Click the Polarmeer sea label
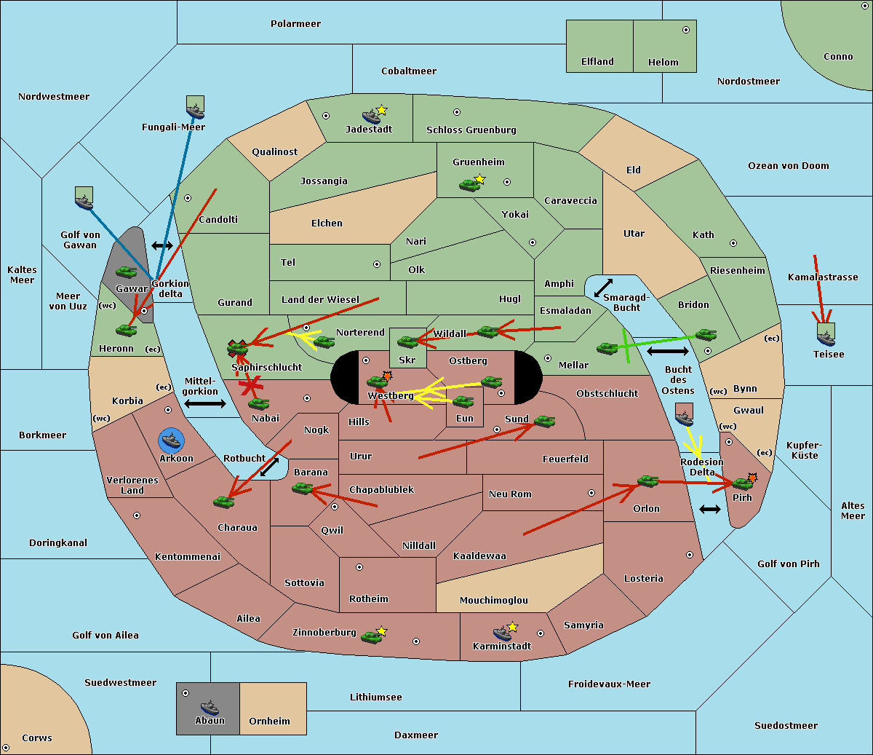click(295, 24)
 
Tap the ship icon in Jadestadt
click(372, 116)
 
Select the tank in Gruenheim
click(469, 185)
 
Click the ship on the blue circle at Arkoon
click(171, 440)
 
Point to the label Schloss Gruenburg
click(471, 130)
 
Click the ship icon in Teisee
click(826, 337)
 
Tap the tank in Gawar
click(127, 272)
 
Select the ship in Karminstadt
click(502, 633)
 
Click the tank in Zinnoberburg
click(372, 637)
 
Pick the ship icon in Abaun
click(210, 707)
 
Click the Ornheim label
click(269, 722)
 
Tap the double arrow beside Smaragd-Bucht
click(603, 288)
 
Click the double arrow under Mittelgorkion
click(205, 403)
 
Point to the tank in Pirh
click(742, 483)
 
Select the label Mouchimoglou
click(493, 601)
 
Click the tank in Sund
click(544, 421)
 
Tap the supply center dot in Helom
click(685, 30)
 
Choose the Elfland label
click(597, 62)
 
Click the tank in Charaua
click(224, 502)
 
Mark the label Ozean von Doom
click(788, 166)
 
